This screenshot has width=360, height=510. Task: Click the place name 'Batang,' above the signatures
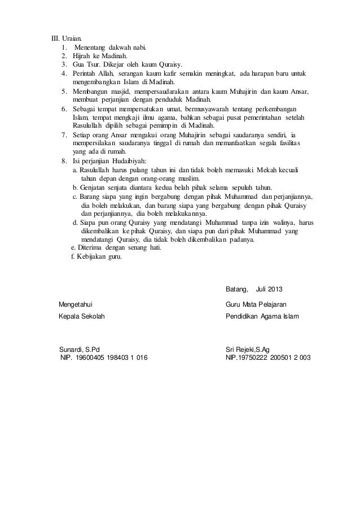[236, 290]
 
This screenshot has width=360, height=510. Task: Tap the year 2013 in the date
[276, 290]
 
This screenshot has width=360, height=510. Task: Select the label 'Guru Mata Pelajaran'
[256, 305]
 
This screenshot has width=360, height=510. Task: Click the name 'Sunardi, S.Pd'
[80, 349]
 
